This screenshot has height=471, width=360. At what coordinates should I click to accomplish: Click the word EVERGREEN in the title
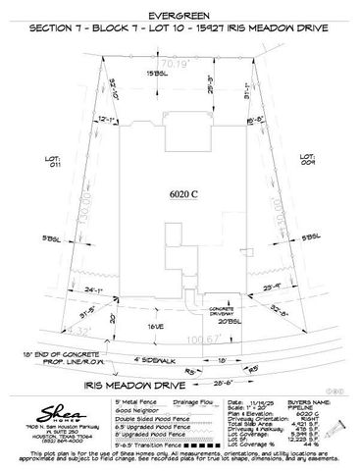tap(180, 16)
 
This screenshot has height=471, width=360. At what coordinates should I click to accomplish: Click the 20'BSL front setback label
tap(228, 321)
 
